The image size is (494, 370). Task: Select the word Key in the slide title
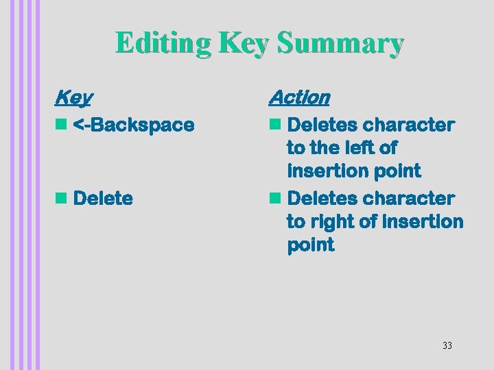(246, 43)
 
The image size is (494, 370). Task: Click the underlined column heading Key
(73, 98)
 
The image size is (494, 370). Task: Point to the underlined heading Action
(299, 98)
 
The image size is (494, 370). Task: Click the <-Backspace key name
(133, 125)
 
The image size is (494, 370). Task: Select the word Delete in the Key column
(102, 199)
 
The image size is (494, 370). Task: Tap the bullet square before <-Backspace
(60, 125)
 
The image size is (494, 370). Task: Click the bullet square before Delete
(60, 199)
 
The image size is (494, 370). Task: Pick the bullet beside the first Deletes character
(276, 125)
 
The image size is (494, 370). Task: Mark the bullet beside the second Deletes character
(276, 199)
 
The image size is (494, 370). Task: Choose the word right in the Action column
(331, 222)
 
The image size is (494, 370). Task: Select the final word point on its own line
(310, 245)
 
